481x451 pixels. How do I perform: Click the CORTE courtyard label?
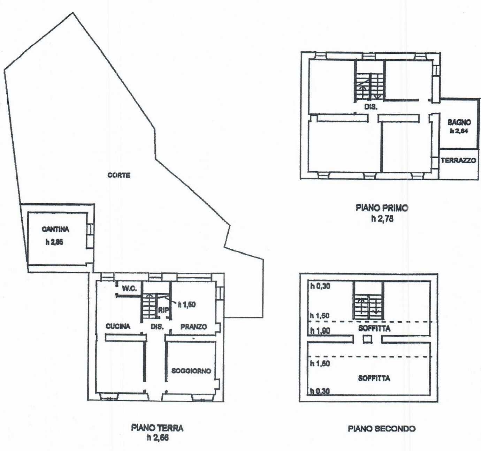click(119, 175)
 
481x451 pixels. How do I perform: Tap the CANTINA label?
click(55, 229)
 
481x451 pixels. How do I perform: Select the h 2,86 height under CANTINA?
click(54, 242)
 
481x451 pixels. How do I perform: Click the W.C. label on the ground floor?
click(129, 288)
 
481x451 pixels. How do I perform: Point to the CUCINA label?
click(118, 326)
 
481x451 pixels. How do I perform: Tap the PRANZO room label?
click(193, 326)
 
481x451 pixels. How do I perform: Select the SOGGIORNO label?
click(191, 371)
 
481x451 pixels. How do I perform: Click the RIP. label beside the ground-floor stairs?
click(163, 310)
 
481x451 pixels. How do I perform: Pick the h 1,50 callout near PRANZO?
click(187, 305)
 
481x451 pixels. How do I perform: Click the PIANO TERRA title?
click(157, 428)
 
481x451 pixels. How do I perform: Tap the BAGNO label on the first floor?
click(459, 122)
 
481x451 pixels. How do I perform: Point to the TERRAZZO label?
click(458, 160)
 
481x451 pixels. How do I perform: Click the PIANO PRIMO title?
click(382, 208)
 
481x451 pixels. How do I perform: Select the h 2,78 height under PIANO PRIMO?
click(382, 219)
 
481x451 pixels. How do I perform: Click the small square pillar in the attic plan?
click(367, 339)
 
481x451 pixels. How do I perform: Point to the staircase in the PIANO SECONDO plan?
click(368, 307)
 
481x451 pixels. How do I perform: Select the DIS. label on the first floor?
click(371, 107)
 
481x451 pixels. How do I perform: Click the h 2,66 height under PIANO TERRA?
click(158, 438)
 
